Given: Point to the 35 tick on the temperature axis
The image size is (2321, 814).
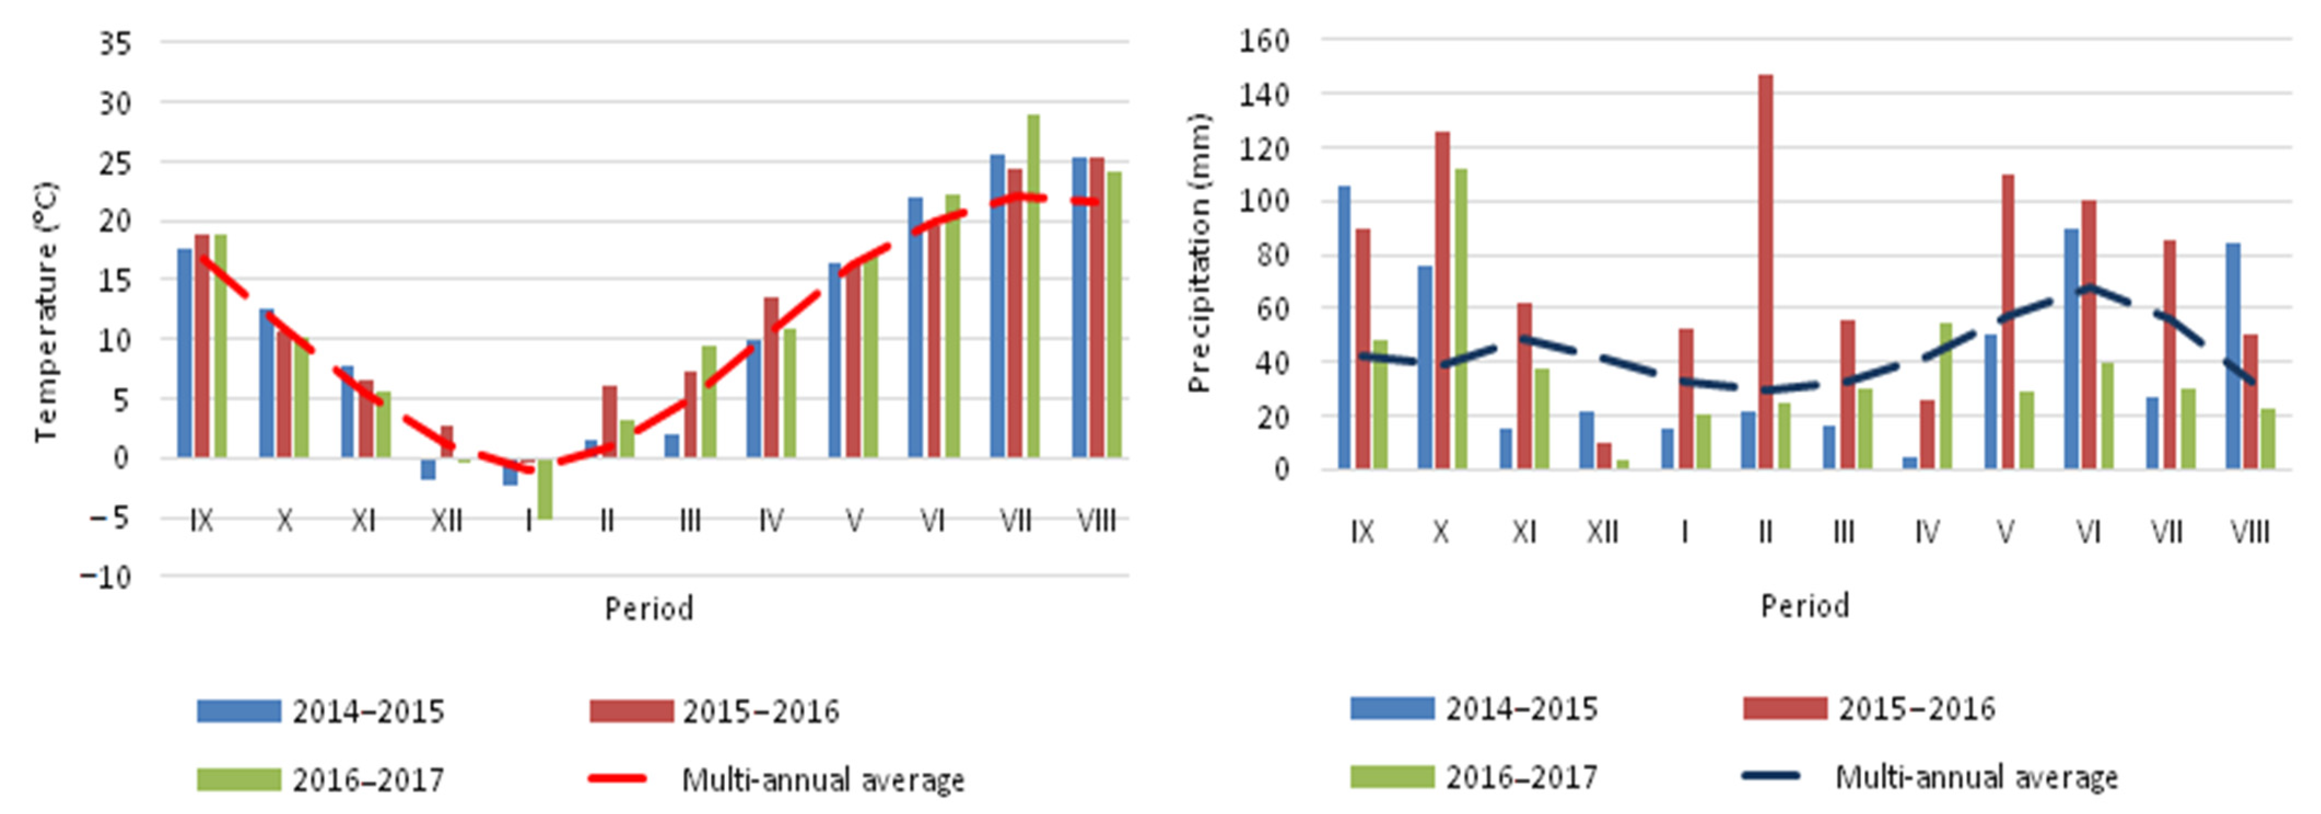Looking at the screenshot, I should coord(115,43).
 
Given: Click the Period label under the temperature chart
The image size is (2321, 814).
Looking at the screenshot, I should coord(649,608).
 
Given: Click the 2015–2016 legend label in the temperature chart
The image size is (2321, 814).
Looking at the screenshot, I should coord(760,711).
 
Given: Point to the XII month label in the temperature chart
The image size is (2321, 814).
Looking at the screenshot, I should coord(446,520).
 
